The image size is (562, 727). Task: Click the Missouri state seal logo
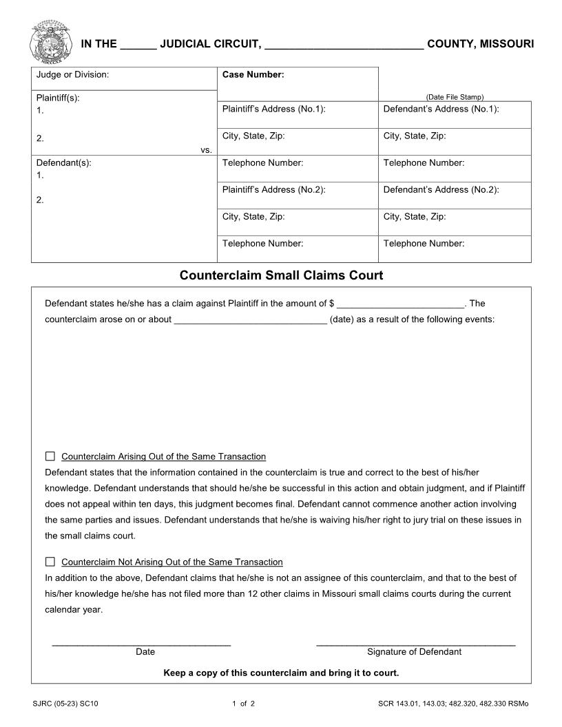50,41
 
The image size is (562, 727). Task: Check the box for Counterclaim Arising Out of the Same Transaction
50,456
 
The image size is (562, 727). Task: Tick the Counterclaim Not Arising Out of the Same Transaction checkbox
50,562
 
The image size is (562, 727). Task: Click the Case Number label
253,74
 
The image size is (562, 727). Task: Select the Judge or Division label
72,74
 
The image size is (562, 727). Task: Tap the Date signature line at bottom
141,644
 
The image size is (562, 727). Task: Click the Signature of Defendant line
415,644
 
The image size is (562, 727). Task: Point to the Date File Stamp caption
455,97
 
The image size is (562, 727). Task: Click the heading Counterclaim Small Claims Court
281,275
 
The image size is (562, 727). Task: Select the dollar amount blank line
402,304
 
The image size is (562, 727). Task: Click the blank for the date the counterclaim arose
250,320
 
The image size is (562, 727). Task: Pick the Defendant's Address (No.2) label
441,189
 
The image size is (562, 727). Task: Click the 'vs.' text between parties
206,149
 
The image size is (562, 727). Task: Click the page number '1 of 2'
243,704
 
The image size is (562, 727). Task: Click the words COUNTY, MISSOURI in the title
480,44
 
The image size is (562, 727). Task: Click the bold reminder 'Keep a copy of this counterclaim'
281,673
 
